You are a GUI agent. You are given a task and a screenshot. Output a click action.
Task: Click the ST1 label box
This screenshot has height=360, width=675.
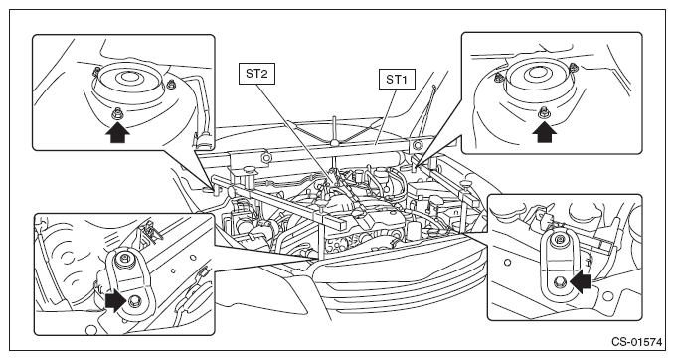397,80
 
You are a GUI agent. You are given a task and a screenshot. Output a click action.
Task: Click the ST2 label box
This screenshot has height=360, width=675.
256,74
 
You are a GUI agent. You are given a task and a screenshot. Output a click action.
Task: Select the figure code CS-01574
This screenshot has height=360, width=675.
637,342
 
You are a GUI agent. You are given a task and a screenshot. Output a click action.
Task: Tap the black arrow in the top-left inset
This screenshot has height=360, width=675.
117,132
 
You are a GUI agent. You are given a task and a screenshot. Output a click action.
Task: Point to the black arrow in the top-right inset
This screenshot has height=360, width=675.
544,131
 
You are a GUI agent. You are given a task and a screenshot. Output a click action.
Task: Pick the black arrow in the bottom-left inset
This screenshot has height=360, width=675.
115,300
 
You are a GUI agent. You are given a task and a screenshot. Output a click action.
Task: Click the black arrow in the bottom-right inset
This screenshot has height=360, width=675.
580,281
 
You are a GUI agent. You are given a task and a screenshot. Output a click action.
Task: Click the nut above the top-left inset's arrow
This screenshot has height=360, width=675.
117,114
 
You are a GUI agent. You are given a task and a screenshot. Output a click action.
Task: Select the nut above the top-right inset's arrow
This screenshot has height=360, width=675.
544,112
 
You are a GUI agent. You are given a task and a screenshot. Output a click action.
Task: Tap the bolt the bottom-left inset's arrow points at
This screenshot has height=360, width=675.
135,300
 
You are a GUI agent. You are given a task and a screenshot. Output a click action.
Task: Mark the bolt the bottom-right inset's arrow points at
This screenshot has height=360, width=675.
561,281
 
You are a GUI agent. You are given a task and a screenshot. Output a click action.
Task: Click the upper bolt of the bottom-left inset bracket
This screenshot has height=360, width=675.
125,259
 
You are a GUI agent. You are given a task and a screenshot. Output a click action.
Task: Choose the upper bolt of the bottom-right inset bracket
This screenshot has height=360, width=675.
560,239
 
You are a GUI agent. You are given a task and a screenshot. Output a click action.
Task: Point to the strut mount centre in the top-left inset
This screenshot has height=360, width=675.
127,78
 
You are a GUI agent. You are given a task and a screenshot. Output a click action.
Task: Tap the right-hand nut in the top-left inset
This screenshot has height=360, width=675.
171,84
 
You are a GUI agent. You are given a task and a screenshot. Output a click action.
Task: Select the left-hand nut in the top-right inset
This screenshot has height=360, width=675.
499,78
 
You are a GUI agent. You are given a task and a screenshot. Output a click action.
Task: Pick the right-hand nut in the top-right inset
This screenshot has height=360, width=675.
574,67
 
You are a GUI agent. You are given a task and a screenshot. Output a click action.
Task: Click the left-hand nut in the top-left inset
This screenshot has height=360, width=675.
97,70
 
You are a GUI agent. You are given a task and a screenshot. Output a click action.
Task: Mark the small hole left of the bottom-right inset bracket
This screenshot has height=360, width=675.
508,262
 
